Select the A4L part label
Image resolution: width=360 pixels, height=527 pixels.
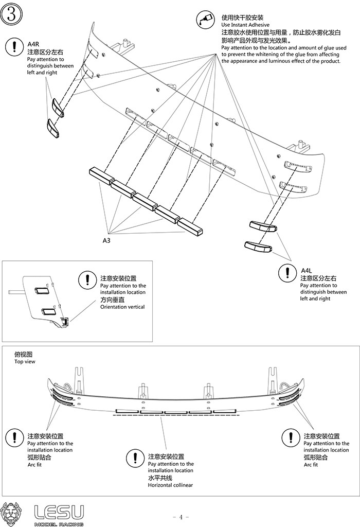click(x=307, y=270)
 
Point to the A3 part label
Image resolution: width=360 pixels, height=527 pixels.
click(x=107, y=240)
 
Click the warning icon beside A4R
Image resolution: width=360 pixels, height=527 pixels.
click(x=11, y=47)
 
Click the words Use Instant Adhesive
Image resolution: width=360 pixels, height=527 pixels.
click(x=245, y=25)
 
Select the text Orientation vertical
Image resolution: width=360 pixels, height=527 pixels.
click(x=122, y=307)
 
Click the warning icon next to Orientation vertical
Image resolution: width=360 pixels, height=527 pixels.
click(x=87, y=280)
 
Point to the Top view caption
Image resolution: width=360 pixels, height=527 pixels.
click(x=23, y=361)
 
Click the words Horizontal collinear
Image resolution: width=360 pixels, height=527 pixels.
click(x=170, y=485)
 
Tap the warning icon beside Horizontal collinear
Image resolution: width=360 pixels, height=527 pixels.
click(x=135, y=458)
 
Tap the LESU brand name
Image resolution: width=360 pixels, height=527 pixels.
click(x=59, y=512)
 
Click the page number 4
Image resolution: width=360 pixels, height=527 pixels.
click(x=181, y=517)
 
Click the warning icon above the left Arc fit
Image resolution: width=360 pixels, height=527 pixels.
click(x=13, y=437)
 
